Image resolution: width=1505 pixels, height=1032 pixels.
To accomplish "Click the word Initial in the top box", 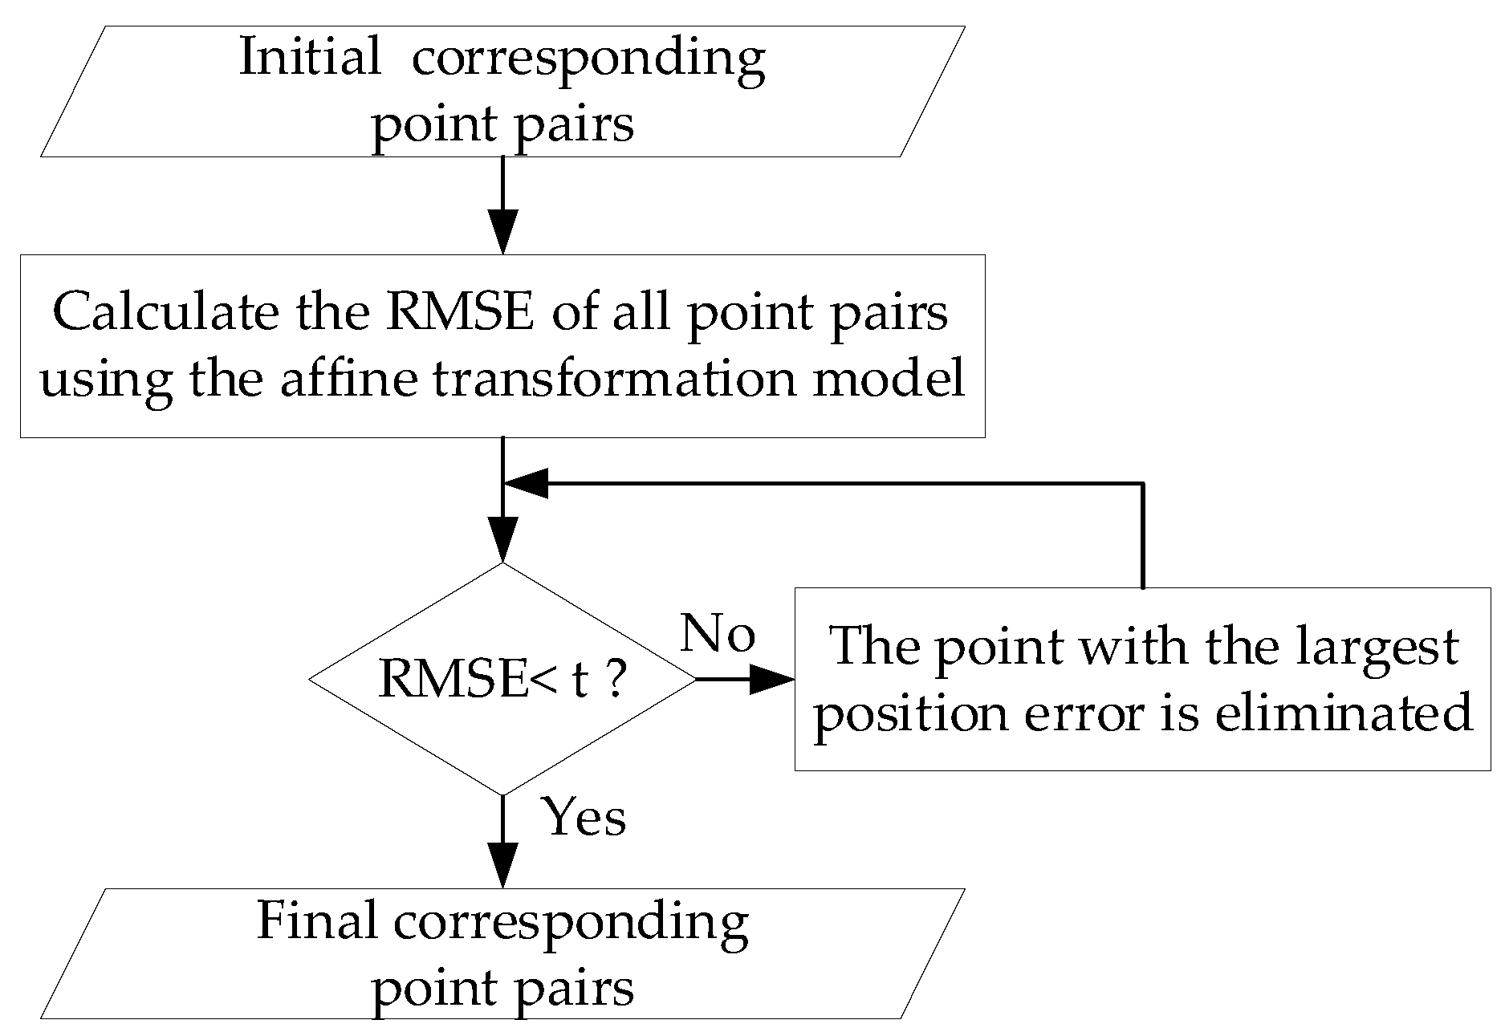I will point(310,58).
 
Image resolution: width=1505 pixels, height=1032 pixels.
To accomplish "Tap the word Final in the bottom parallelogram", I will point(316,920).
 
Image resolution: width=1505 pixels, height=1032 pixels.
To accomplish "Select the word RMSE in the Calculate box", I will point(459,312).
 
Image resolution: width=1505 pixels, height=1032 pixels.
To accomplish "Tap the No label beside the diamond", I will point(718,634).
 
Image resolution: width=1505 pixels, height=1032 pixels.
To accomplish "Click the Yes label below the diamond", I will point(585,818).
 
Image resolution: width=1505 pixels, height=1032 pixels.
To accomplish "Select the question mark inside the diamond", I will point(614,679).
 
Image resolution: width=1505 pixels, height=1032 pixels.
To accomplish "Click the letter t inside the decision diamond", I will point(580,681).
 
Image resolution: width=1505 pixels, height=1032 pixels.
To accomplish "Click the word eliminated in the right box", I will point(1344,712).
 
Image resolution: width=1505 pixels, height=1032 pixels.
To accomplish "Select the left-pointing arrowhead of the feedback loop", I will point(526,484).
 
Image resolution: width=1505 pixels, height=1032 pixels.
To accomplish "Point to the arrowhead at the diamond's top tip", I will point(502,539).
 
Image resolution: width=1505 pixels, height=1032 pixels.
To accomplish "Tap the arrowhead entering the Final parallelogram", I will point(502,865).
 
